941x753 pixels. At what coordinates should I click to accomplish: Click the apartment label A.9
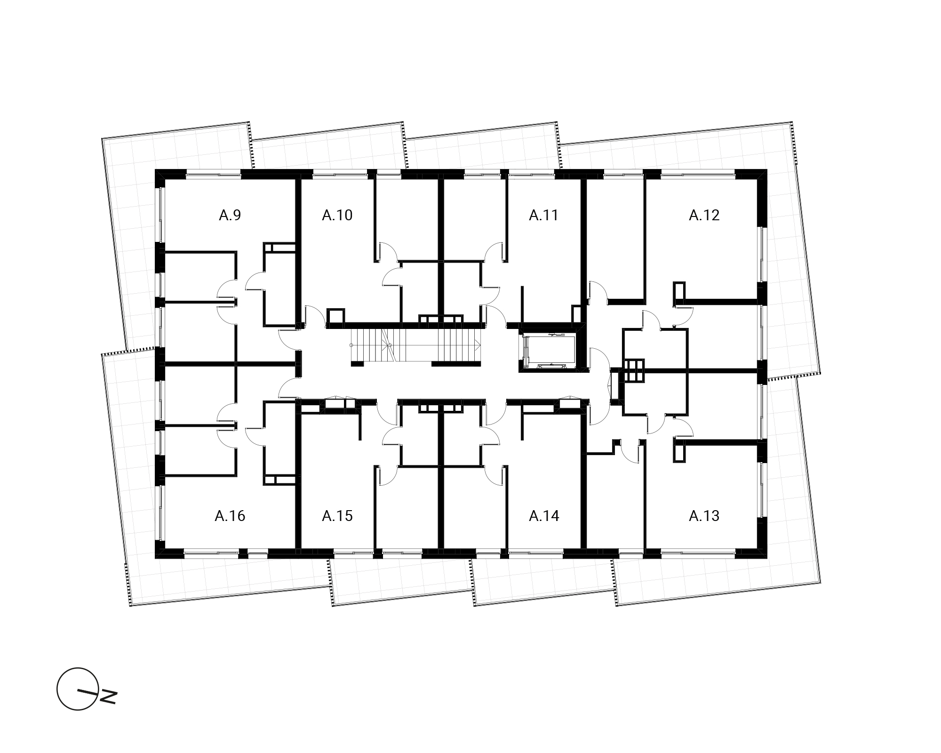click(x=230, y=215)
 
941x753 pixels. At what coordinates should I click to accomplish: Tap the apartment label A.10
click(x=337, y=215)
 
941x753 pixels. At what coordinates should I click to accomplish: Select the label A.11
click(x=543, y=215)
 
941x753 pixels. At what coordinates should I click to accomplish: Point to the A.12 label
click(x=704, y=215)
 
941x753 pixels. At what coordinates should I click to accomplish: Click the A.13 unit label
click(x=704, y=516)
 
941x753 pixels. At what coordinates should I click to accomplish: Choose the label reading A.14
click(x=544, y=516)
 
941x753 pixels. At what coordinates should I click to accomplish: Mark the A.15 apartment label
click(x=337, y=516)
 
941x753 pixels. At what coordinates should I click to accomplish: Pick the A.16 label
click(x=230, y=516)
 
